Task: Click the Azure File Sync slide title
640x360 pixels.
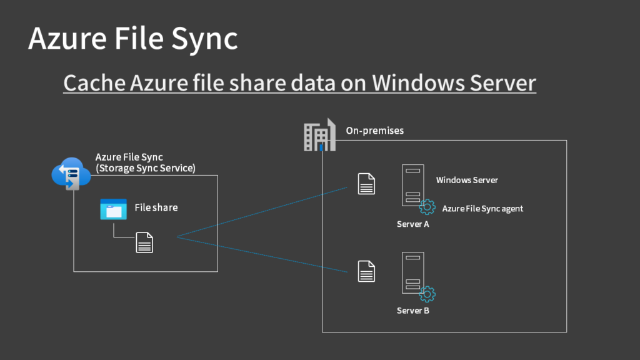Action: point(132,39)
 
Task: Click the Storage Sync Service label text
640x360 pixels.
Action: point(145,168)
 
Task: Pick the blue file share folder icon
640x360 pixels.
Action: point(113,209)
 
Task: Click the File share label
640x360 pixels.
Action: point(156,207)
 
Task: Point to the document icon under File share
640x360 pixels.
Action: point(144,242)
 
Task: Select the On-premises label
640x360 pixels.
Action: point(374,131)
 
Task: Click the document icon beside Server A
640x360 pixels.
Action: point(366,184)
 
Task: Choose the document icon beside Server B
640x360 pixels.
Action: point(366,271)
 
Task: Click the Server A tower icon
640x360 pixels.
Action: point(412,184)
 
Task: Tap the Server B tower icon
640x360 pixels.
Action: point(412,272)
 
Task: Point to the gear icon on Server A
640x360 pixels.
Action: point(427,207)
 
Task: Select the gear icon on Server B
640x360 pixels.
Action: point(427,294)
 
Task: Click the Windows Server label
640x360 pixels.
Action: point(467,180)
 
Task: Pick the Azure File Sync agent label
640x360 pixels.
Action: point(482,209)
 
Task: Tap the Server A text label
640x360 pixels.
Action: point(412,224)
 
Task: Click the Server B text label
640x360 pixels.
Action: point(412,311)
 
